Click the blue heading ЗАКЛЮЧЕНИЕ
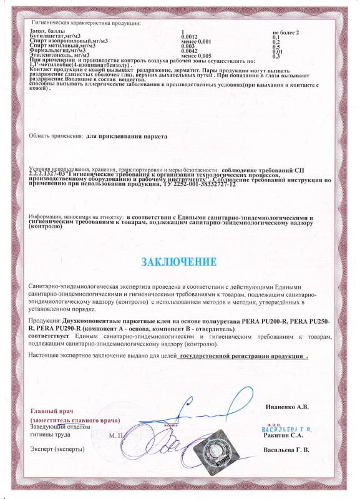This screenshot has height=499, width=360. [180, 261]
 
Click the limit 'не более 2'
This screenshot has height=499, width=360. [286, 32]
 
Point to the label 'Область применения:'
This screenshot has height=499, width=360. [56, 135]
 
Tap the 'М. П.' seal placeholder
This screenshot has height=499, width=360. [116, 434]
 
